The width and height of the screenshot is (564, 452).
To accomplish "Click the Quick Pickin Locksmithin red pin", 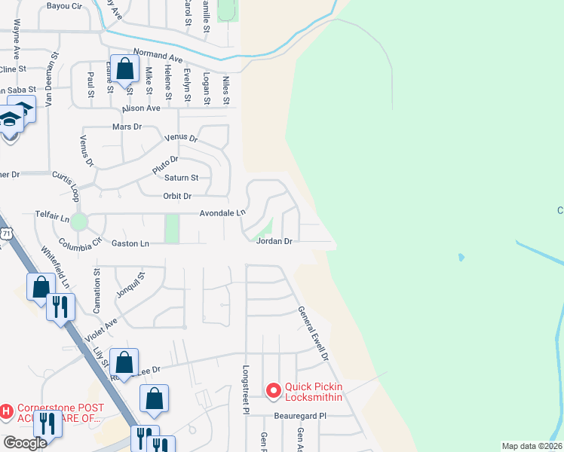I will (273, 390).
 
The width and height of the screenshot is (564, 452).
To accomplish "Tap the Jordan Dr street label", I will (274, 242).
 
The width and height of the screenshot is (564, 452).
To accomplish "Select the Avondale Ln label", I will (222, 213).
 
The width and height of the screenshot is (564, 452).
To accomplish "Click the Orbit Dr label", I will (177, 196).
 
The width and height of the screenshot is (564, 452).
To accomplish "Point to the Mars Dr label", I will (127, 127).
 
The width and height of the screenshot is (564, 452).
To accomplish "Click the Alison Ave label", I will (143, 108).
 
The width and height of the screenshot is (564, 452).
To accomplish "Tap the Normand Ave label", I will (158, 56).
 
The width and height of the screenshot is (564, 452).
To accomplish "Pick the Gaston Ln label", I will (130, 243).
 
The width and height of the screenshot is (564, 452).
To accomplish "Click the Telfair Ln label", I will (52, 215).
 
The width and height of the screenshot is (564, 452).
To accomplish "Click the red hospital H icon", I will (7, 411).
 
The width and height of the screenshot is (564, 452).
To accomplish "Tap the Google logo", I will (24, 443).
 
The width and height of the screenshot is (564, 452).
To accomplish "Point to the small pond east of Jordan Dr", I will (460, 258).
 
